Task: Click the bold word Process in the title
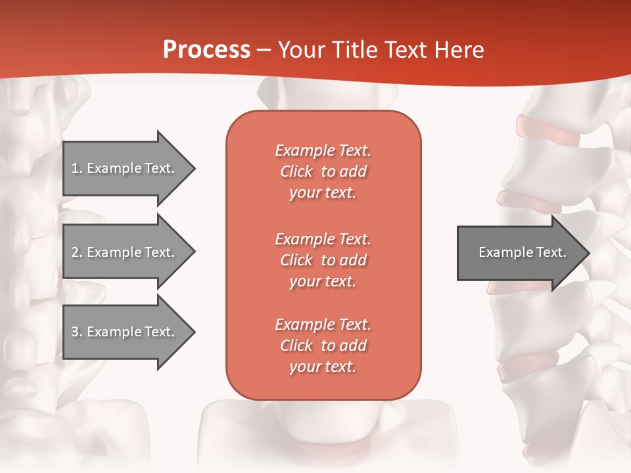click(x=206, y=50)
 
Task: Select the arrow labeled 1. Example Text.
click(x=125, y=168)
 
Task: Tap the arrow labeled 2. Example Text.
click(x=125, y=252)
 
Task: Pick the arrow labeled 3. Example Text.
click(x=125, y=332)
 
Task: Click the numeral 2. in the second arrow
click(x=76, y=252)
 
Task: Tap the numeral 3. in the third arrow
click(x=76, y=332)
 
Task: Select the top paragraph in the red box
click(x=323, y=171)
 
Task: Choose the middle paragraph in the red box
click(x=323, y=259)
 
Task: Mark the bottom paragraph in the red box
click(x=323, y=346)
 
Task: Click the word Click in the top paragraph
click(x=296, y=171)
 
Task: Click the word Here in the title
click(x=461, y=50)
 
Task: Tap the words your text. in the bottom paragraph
click(x=323, y=367)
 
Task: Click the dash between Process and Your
click(x=264, y=50)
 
